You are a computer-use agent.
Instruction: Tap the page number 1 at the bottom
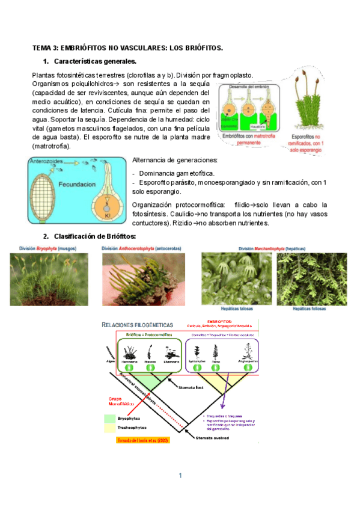click(x=179, y=476)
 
